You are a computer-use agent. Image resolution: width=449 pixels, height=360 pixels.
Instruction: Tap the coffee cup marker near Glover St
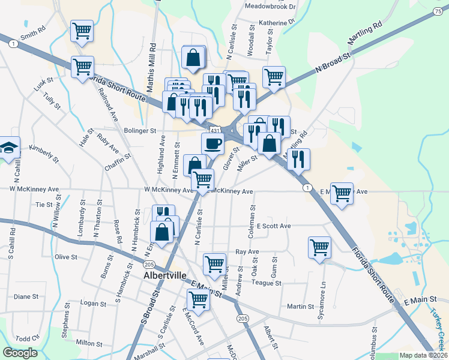point(212,144)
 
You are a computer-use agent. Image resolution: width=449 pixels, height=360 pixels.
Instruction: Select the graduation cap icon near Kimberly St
point(8,148)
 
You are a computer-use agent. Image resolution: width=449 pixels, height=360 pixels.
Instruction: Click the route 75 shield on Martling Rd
point(437,11)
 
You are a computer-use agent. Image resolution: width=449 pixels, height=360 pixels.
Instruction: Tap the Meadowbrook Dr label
point(271,7)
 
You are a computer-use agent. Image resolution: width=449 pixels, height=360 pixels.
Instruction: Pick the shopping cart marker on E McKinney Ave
point(342,194)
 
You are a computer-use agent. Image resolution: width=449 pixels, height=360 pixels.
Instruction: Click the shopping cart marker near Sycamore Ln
point(319,247)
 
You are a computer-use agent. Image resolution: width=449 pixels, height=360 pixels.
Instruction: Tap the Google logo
point(20,353)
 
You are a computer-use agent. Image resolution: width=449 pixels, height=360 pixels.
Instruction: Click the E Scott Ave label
point(273,226)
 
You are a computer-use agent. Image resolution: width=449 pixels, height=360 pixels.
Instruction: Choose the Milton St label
point(89,343)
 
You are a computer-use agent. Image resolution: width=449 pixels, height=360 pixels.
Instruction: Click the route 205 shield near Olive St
point(149,265)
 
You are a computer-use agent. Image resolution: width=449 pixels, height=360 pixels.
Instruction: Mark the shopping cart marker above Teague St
point(214,263)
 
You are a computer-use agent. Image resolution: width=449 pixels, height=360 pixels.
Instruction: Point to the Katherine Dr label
point(277,23)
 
